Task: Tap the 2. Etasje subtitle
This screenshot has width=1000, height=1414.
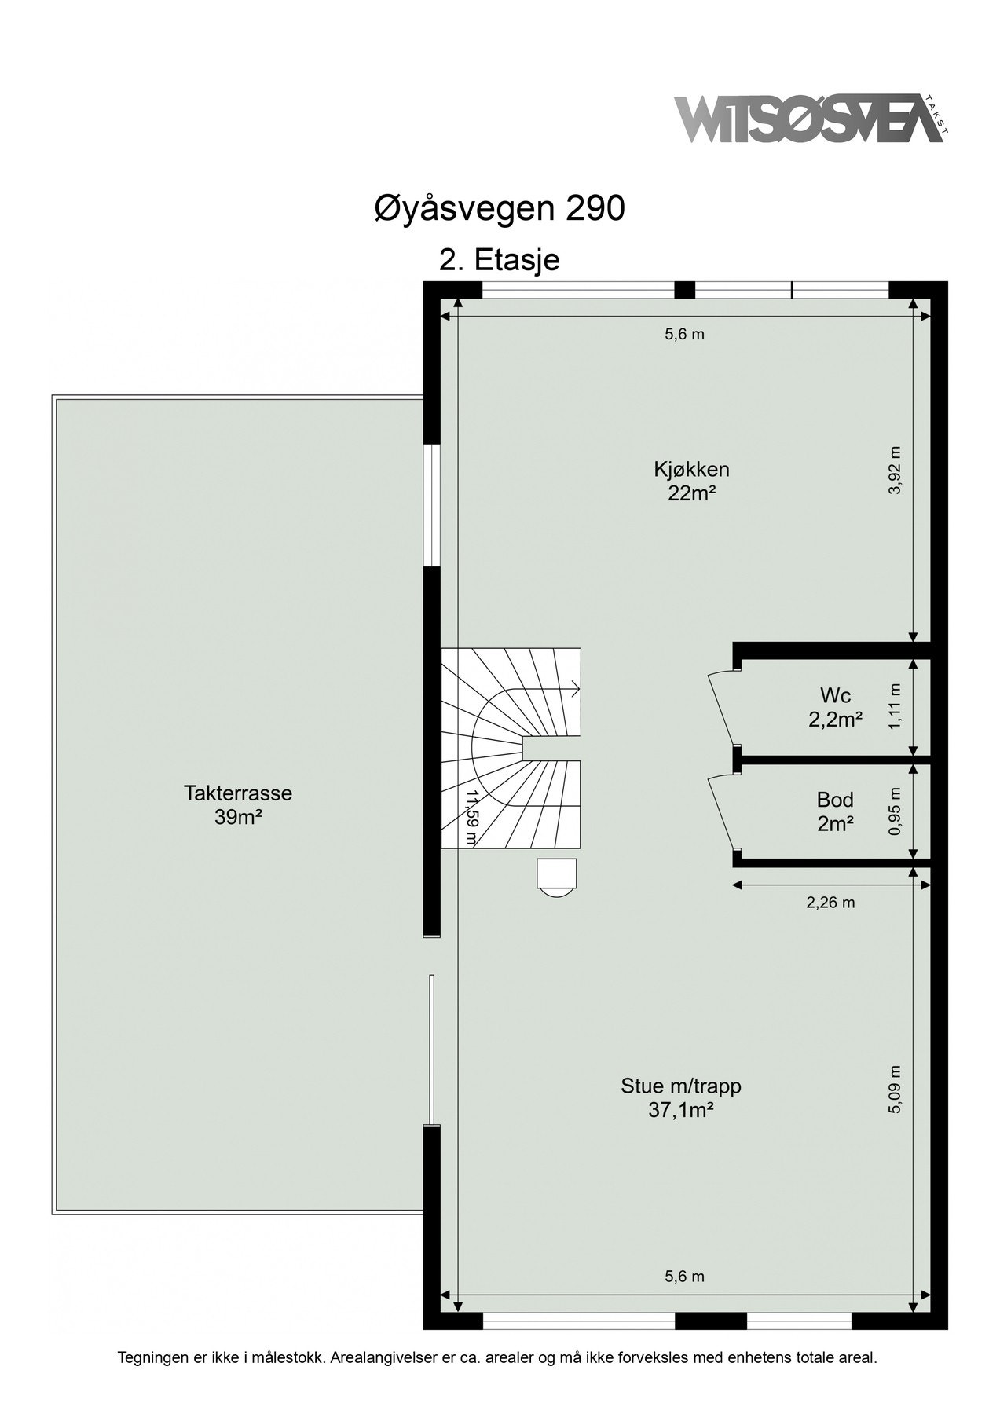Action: [500, 259]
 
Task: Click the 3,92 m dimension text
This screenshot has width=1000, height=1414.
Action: [896, 470]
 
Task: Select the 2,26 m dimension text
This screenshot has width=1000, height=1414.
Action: [830, 903]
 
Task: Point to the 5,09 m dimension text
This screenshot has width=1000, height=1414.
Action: [896, 1089]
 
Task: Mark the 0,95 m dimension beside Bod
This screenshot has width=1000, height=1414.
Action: [896, 810]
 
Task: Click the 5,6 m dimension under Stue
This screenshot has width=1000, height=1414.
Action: [685, 1277]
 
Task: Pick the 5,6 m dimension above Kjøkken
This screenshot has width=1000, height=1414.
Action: [685, 334]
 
